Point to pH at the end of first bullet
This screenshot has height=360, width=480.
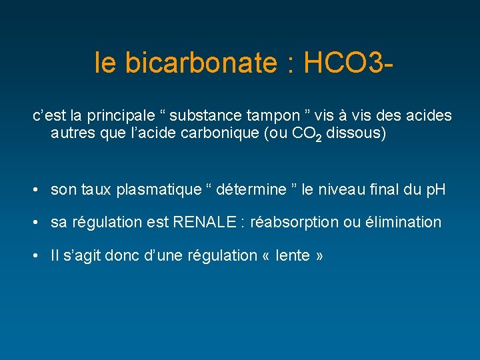[x=435, y=190]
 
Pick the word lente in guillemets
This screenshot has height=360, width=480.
[x=291, y=255]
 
